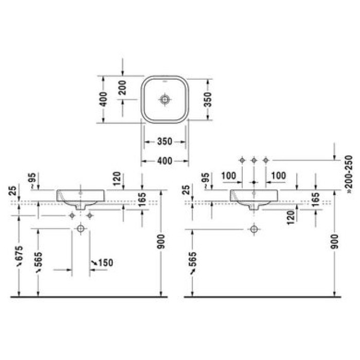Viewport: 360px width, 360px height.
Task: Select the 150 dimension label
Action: [105, 263]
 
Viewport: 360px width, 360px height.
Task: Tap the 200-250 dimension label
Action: [349, 171]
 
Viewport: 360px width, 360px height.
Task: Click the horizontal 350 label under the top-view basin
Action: [165, 141]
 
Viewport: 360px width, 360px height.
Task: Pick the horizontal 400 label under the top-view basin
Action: [165, 160]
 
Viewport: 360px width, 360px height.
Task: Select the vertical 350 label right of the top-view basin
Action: [208, 99]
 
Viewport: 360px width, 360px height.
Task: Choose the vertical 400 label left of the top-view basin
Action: [104, 99]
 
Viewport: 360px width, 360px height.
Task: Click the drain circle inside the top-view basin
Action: [165, 99]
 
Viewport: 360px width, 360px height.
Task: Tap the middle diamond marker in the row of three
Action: [254, 160]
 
